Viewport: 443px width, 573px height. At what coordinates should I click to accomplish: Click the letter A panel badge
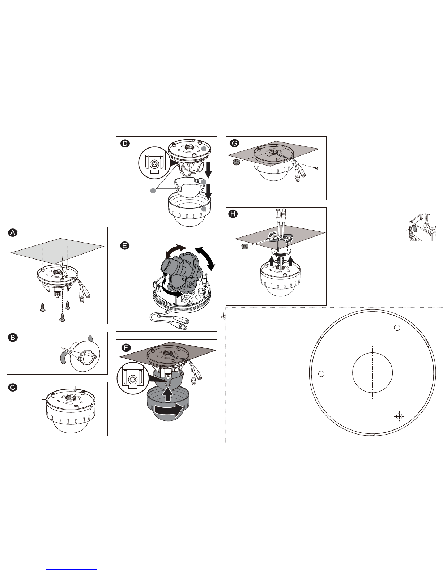point(13,232)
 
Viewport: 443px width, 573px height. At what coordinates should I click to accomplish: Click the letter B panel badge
point(13,338)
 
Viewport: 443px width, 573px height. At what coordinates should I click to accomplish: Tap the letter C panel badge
point(13,387)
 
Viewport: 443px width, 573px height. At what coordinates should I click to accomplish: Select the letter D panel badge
point(125,144)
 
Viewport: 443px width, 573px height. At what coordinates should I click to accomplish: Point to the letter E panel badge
point(125,245)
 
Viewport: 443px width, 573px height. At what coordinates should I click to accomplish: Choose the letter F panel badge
point(126,347)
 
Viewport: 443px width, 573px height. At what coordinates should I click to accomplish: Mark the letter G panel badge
point(234,143)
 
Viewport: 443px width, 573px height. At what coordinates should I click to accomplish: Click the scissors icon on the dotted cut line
point(223,316)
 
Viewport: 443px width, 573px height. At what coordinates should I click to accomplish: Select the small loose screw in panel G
point(316,168)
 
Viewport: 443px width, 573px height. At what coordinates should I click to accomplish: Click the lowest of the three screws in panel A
point(62,317)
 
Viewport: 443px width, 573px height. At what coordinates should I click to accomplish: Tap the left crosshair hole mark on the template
point(321,374)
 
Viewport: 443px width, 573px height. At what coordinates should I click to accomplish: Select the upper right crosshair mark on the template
point(397,328)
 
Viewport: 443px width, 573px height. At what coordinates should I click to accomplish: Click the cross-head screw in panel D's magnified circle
point(153,164)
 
